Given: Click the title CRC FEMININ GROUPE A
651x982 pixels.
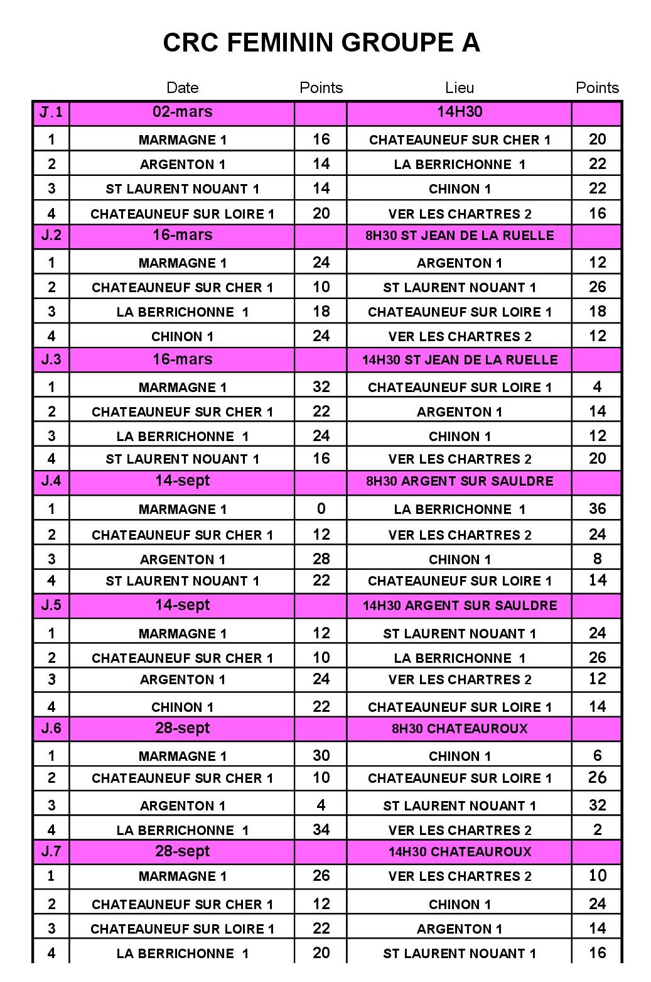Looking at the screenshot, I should click(x=321, y=43).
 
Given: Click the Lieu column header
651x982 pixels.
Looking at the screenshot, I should click(x=459, y=88).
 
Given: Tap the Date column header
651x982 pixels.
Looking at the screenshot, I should click(x=182, y=88).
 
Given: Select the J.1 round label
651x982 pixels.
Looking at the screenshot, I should click(x=51, y=112).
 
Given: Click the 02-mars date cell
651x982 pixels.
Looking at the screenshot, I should click(x=182, y=112).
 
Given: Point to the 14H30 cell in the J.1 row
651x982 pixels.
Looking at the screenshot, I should click(x=460, y=112).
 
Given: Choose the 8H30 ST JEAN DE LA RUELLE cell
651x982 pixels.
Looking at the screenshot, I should click(x=460, y=236).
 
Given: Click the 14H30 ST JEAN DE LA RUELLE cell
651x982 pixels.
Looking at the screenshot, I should click(x=460, y=360).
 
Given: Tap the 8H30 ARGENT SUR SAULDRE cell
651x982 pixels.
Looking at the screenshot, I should click(x=460, y=481).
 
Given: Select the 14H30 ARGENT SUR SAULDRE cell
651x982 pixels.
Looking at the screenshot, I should click(x=460, y=606).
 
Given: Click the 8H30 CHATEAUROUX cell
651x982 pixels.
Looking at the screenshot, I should click(x=460, y=729).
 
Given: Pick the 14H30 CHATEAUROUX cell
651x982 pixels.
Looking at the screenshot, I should click(x=460, y=852).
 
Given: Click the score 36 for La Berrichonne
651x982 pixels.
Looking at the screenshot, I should click(x=597, y=508).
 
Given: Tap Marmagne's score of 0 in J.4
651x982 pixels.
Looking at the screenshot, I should click(x=321, y=508).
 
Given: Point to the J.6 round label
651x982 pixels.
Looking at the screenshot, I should click(x=51, y=729).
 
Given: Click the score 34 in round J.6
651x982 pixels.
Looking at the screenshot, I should click(x=321, y=829).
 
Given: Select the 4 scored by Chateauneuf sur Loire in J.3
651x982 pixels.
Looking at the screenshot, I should click(x=597, y=386).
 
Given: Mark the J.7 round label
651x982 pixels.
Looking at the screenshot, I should click(x=51, y=852).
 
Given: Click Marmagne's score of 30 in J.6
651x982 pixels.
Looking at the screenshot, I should click(x=321, y=755).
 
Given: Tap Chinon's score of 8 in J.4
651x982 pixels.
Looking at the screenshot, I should click(x=597, y=559).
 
